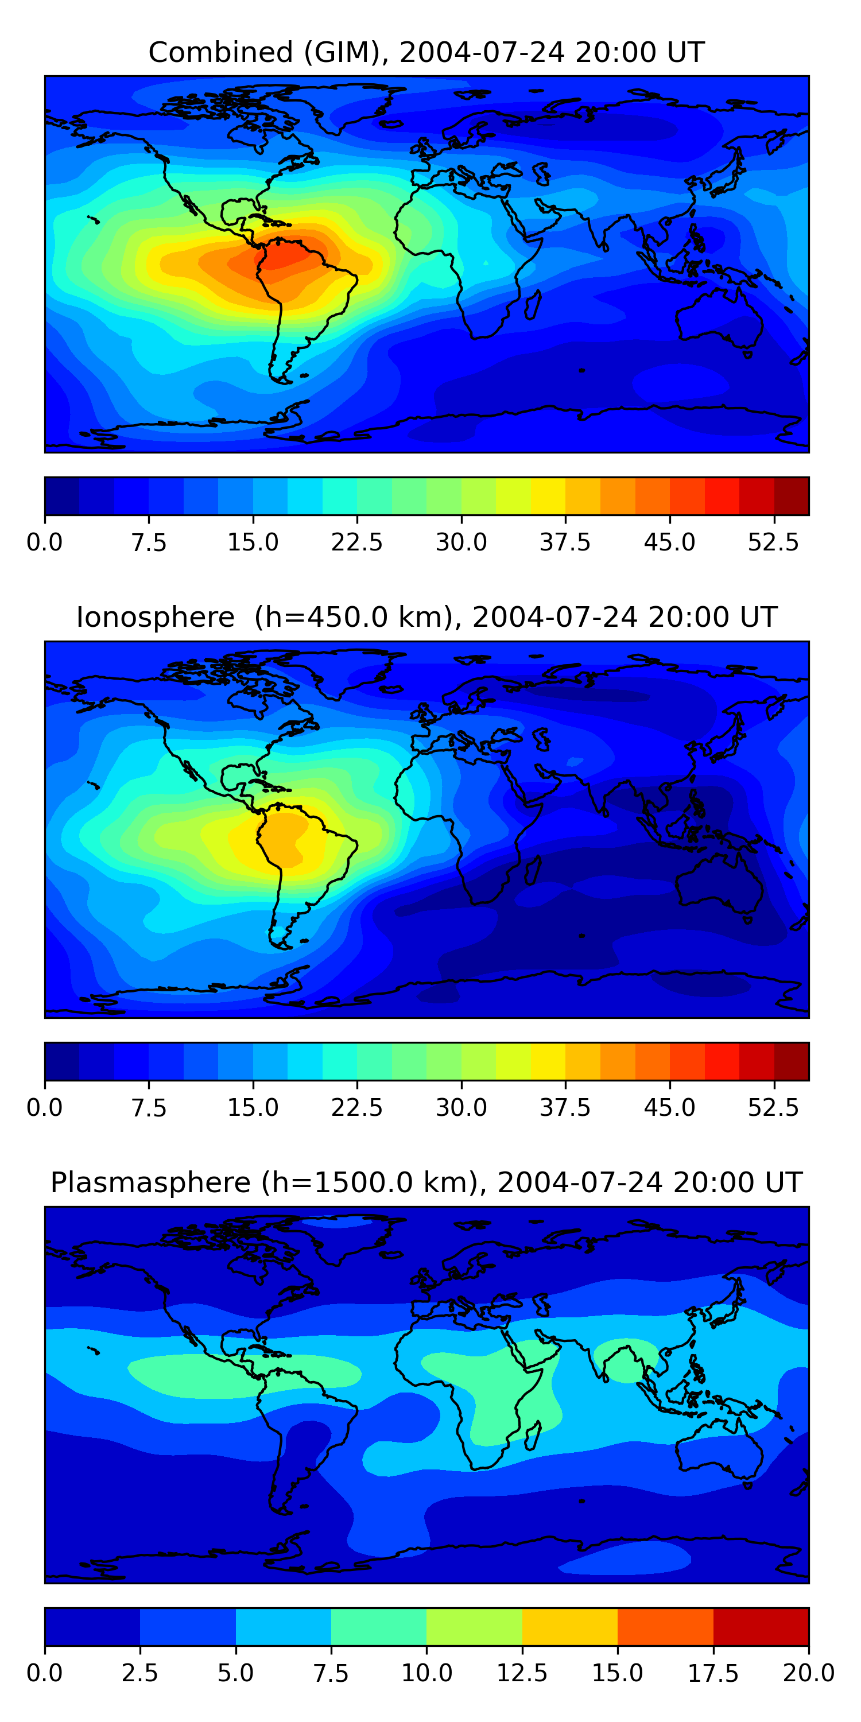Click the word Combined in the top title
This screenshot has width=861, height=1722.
click(x=220, y=52)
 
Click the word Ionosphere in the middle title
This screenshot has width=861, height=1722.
click(x=155, y=617)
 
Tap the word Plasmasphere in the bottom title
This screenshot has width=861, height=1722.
click(x=150, y=1182)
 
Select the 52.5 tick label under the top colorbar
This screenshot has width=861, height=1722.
click(x=773, y=542)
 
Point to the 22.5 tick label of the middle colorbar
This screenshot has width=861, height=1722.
click(x=357, y=1108)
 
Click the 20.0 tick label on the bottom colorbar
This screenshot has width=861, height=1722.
click(x=808, y=1673)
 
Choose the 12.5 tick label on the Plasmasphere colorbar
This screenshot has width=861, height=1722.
click(x=522, y=1673)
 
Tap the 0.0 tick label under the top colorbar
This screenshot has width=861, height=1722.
click(x=45, y=542)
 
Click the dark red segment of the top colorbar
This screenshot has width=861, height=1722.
click(x=792, y=496)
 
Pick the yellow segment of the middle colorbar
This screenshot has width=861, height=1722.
click(x=548, y=1061)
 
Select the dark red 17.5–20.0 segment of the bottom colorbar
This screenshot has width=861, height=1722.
click(x=761, y=1626)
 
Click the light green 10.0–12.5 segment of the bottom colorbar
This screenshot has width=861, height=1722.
click(x=474, y=1626)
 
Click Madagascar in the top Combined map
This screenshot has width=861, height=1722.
click(x=533, y=305)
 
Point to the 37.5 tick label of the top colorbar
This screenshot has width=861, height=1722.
click(x=565, y=542)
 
